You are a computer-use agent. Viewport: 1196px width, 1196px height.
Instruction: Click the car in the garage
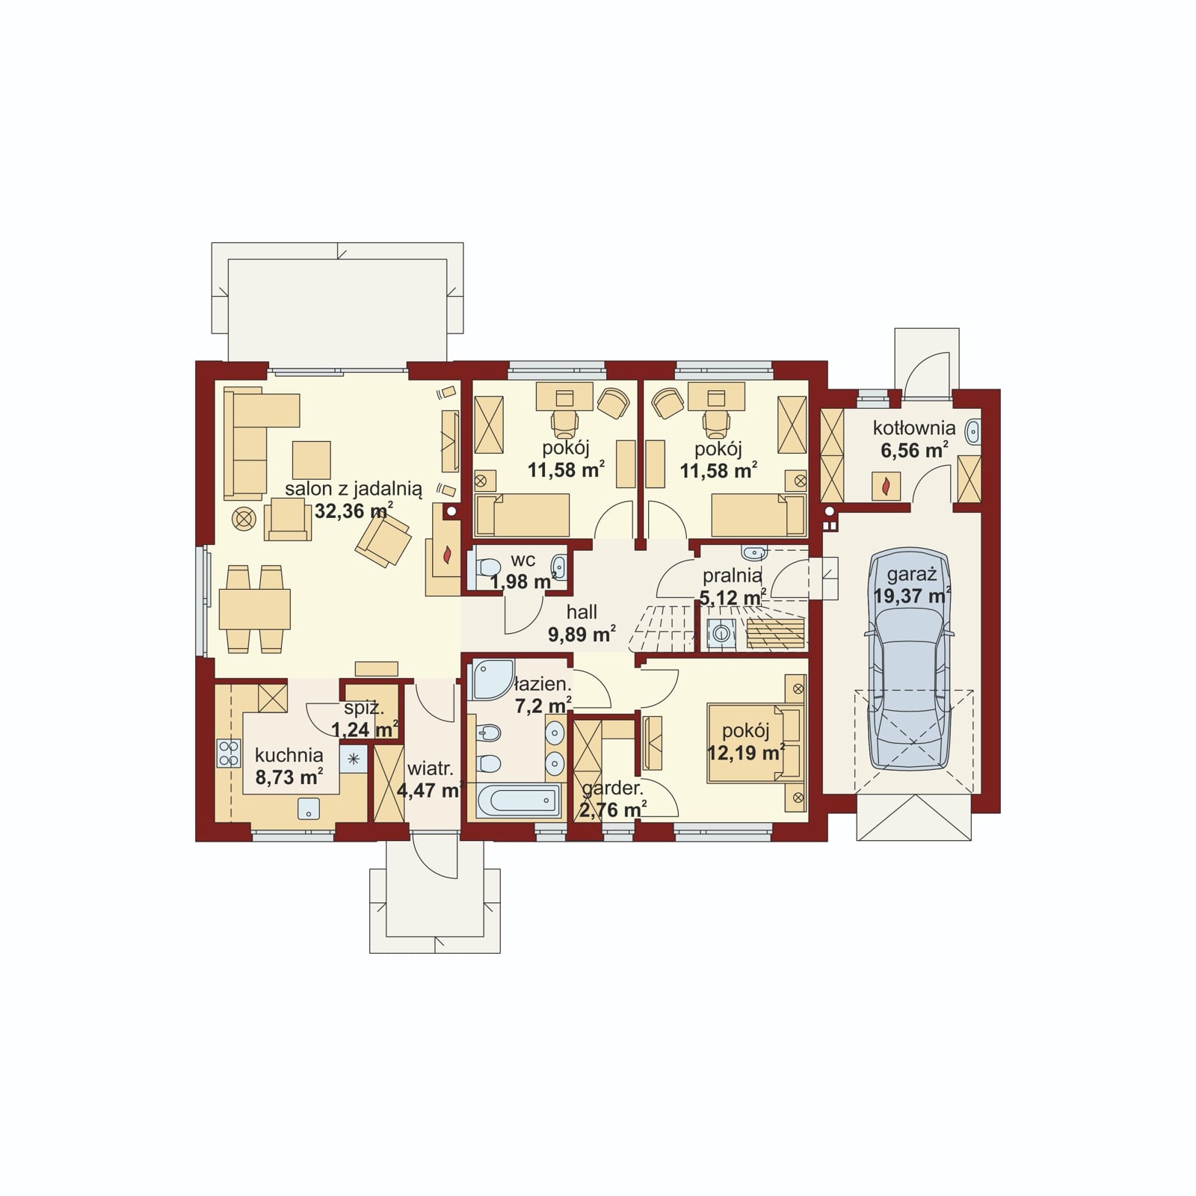click(x=909, y=660)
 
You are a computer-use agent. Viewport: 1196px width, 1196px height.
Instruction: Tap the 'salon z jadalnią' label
click(x=354, y=490)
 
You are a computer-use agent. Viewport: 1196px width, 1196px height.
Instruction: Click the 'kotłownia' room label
click(x=913, y=429)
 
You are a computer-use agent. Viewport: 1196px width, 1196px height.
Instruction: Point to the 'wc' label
click(x=523, y=561)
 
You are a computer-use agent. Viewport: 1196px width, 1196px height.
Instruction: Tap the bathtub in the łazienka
click(x=518, y=801)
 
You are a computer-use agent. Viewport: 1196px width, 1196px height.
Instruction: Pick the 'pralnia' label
click(x=732, y=576)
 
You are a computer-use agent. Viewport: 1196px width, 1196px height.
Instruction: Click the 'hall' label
click(x=581, y=612)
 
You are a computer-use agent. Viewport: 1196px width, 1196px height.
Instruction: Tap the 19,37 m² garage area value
click(x=912, y=596)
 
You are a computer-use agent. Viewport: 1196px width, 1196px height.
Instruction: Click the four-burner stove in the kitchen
click(x=229, y=753)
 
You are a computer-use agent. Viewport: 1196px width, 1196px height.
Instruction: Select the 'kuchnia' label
click(x=289, y=755)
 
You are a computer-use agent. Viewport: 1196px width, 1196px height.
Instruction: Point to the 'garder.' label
click(x=612, y=789)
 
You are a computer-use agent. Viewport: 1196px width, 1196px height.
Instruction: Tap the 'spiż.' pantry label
click(x=363, y=709)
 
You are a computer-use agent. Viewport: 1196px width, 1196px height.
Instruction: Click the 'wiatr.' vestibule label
click(x=430, y=768)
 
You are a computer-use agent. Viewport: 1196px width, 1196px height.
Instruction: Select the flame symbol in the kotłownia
click(x=886, y=487)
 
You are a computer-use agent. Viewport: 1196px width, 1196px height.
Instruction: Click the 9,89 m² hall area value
click(x=582, y=635)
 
